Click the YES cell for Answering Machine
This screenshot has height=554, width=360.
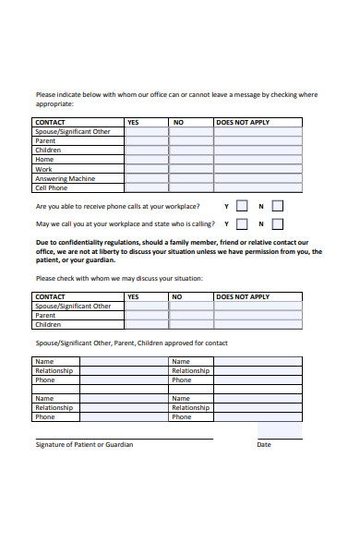[147, 178]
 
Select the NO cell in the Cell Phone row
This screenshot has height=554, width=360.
[192, 187]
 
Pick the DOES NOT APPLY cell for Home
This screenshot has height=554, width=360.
[258, 160]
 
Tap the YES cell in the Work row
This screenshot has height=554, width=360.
[147, 169]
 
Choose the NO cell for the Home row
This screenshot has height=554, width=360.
[192, 160]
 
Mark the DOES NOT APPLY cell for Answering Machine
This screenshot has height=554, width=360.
[258, 178]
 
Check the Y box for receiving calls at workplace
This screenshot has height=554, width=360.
[242, 207]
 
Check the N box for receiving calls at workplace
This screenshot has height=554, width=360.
[277, 207]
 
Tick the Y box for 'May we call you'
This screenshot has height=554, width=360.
[242, 224]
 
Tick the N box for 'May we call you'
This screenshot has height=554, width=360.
[277, 224]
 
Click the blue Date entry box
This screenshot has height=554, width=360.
[279, 430]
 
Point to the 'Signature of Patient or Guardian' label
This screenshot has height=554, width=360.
[84, 445]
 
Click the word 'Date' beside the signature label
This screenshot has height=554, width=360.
[264, 445]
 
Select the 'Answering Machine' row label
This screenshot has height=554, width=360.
[65, 178]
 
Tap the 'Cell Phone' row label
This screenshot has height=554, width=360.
[52, 187]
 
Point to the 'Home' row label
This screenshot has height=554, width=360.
[44, 160]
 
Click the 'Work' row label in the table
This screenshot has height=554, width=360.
[44, 169]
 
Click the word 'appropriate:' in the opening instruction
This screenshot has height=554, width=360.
[54, 104]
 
